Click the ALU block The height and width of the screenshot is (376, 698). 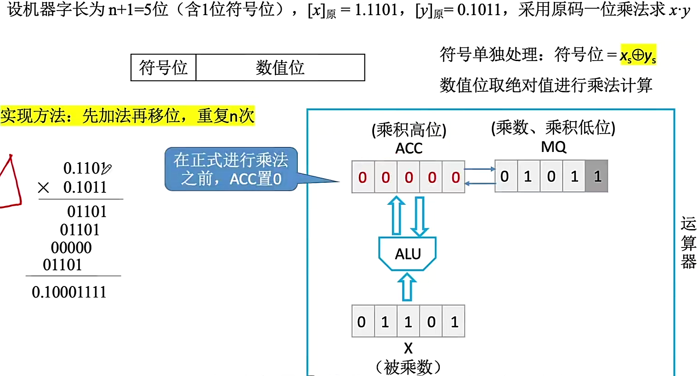click(407, 253)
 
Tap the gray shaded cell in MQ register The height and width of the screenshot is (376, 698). click(597, 176)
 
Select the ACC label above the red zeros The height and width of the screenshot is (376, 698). click(409, 148)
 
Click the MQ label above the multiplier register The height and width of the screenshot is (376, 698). click(553, 147)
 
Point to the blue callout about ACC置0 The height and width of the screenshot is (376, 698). click(231, 169)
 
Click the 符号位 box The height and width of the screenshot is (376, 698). click(164, 67)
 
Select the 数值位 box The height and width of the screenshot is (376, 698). click(280, 67)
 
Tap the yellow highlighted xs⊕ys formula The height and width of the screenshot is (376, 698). click(638, 55)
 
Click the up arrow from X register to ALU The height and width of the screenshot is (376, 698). click(407, 287)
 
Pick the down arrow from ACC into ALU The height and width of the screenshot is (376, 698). click(419, 216)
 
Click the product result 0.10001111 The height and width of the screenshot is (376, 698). click(69, 292)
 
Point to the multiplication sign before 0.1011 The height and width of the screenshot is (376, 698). click(44, 187)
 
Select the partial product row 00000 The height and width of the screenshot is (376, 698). click(71, 247)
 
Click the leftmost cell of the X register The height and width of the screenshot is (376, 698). click(362, 321)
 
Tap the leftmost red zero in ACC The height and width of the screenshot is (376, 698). click(363, 177)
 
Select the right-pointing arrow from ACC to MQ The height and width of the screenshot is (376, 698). click(480, 169)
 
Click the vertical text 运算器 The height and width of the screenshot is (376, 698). click(688, 242)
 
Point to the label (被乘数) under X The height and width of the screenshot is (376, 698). click(408, 367)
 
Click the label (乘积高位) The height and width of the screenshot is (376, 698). click(409, 130)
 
